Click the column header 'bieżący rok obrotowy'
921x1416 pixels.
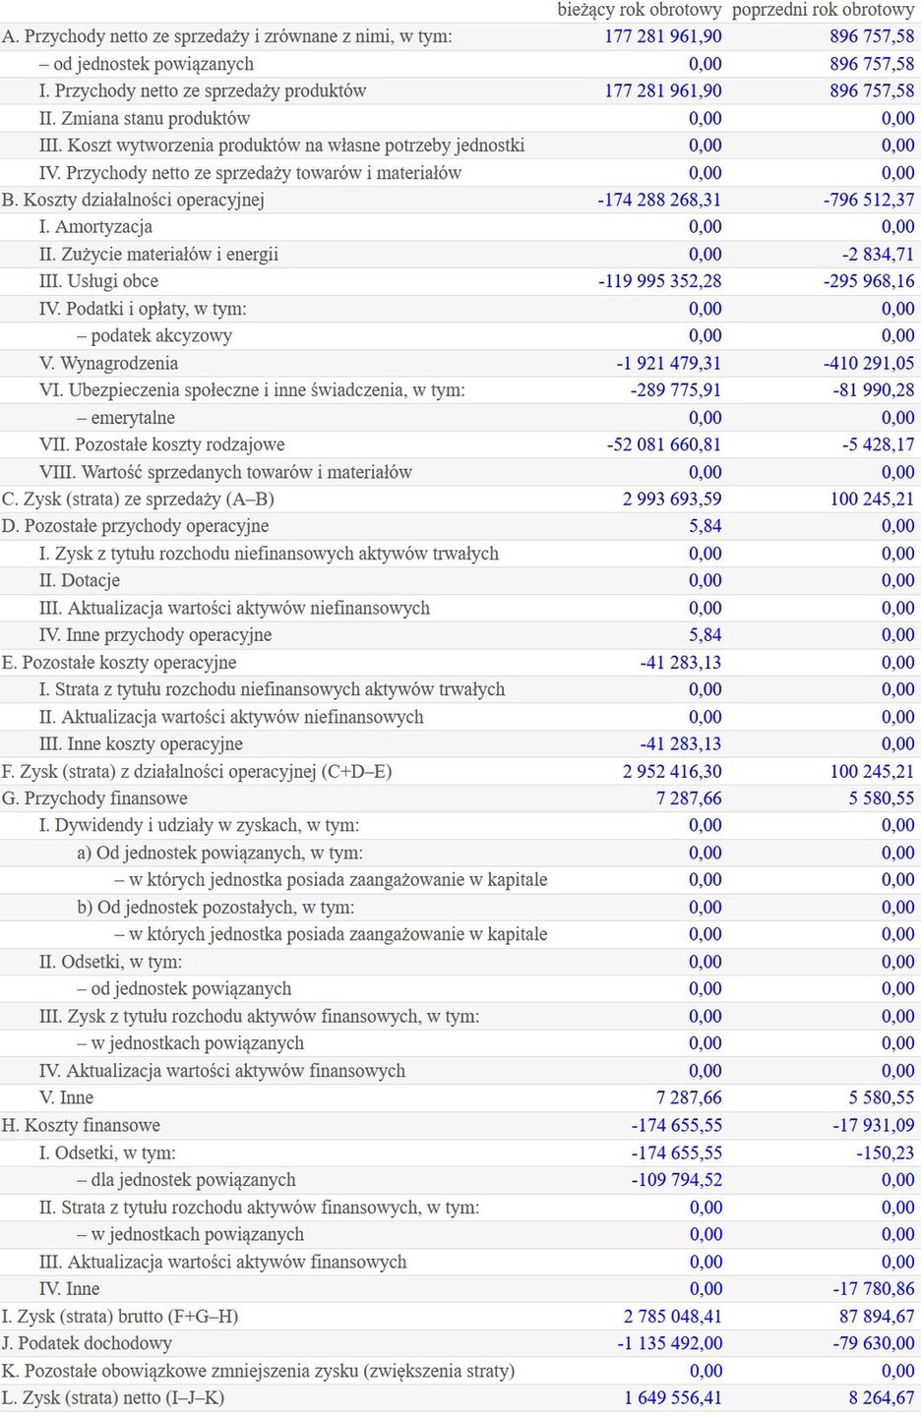[640, 10]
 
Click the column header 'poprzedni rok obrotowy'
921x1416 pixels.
[823, 10]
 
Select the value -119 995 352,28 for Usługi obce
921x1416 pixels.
[659, 281]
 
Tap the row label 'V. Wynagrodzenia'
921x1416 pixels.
[108, 363]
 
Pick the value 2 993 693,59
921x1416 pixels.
[671, 499]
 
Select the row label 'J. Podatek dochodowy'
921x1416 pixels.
[87, 1343]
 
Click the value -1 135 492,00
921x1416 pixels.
[669, 1343]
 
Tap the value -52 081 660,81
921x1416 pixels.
[663, 444]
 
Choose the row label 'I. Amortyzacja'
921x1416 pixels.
[95, 227]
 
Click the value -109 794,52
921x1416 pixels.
[676, 1180]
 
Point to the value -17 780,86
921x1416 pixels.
[874, 1288]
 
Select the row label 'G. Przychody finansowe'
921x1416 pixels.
[94, 798]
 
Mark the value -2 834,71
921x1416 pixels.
[878, 254]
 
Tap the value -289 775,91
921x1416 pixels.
[675, 390]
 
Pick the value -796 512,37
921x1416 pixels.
[868, 200]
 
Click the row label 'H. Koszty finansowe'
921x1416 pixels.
[81, 1125]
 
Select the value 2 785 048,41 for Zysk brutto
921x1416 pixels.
[671, 1316]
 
